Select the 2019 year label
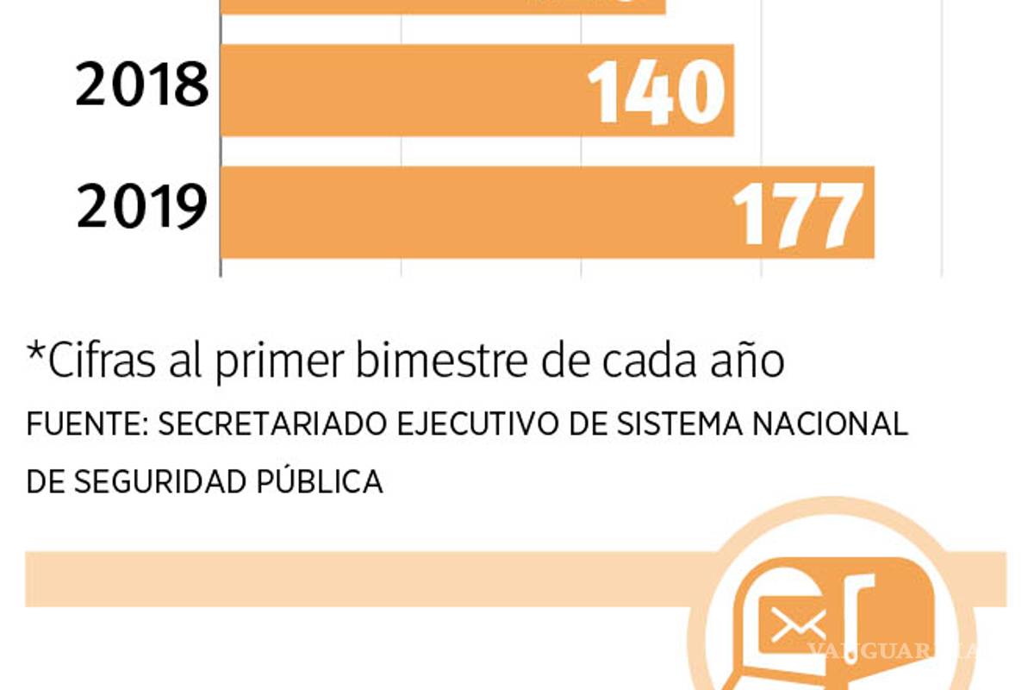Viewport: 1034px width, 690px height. point(142,210)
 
